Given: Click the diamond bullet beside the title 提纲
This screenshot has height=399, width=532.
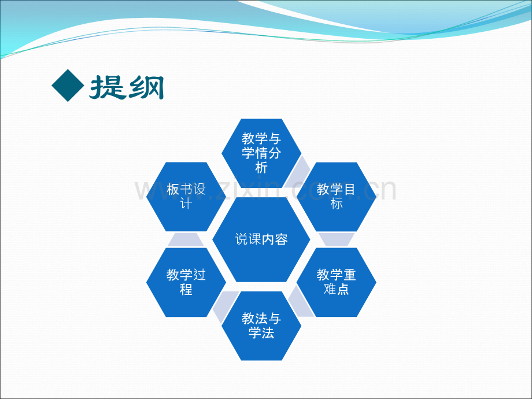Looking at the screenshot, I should coord(68,86).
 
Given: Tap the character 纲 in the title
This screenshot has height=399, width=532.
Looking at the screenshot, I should coord(145,87).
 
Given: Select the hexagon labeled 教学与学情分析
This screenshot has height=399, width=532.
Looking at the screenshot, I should coord(261,153).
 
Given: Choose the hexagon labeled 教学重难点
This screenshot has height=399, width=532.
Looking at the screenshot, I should coord(337,282).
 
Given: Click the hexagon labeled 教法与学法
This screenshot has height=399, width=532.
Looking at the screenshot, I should coord(261,326).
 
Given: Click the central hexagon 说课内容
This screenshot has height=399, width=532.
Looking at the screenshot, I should coord(261,239).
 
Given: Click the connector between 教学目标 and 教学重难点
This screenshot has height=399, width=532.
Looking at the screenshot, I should coord(337,239).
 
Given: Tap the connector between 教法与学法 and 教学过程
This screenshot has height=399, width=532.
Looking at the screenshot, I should coord(224,305).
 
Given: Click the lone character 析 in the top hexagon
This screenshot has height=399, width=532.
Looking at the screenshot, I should coord(261,168).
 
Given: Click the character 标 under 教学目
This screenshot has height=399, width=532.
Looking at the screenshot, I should coord(337,204).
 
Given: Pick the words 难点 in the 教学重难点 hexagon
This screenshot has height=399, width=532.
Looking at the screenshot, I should coord(337,290).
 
